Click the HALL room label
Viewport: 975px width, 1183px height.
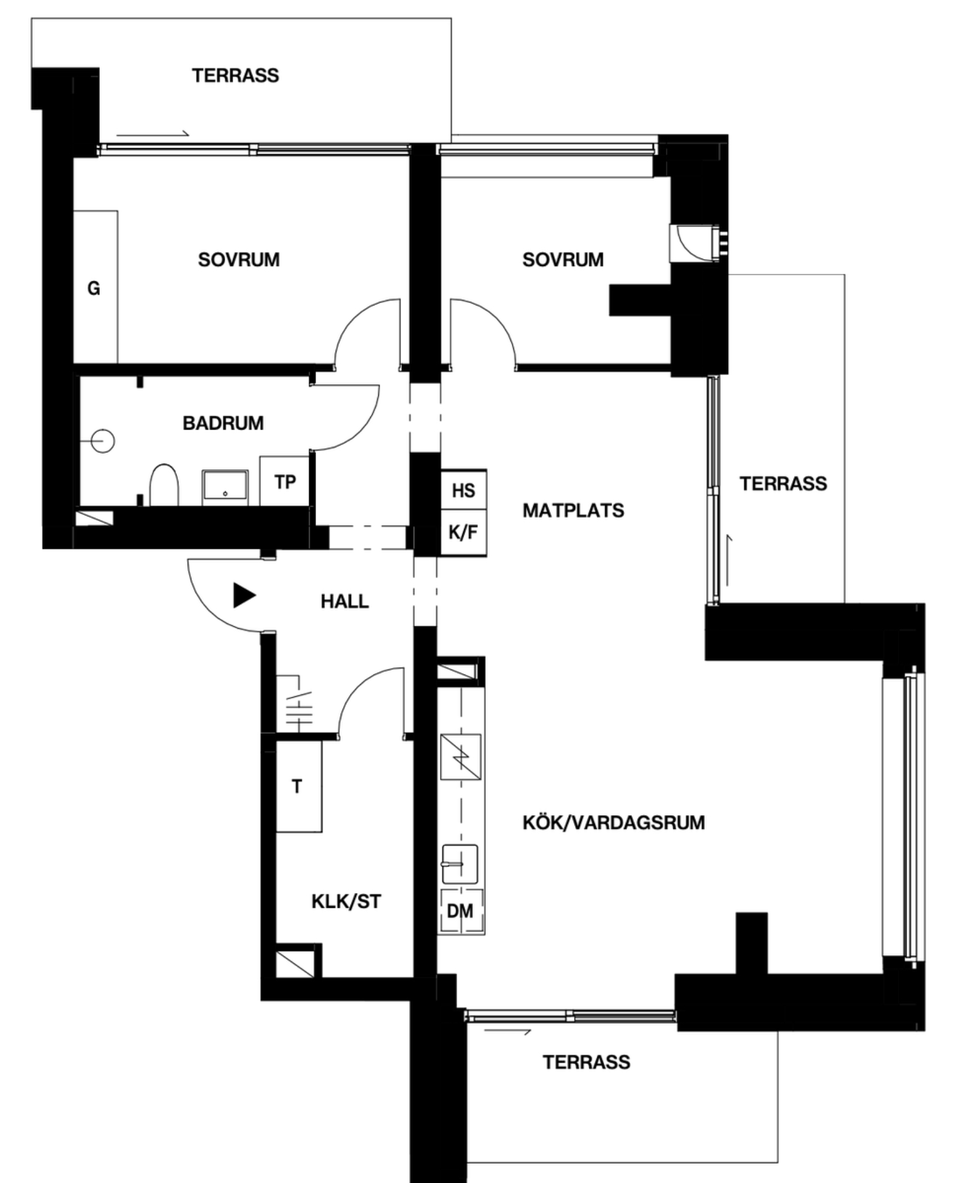(344, 601)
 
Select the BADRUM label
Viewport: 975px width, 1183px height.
(223, 423)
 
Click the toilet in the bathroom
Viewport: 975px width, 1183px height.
(164, 486)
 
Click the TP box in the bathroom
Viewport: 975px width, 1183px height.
(284, 481)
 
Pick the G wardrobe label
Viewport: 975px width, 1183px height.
(94, 288)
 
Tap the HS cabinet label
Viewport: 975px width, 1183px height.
(463, 491)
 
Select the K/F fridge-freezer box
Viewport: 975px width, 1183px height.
(463, 533)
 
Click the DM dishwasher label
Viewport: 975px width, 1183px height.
(460, 911)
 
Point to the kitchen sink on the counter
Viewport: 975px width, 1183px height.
(460, 864)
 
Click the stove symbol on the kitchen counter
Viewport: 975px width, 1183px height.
(461, 757)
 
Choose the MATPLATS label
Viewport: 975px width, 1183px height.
(573, 510)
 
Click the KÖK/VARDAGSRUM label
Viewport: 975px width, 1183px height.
(613, 823)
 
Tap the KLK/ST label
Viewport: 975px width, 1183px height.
(346, 902)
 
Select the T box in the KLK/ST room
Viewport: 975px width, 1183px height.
(299, 786)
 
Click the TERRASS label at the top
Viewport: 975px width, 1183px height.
(235, 75)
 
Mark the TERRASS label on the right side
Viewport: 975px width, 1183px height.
(783, 483)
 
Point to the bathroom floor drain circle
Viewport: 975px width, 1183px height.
(102, 441)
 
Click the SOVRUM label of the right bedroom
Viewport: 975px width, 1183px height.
(563, 259)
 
